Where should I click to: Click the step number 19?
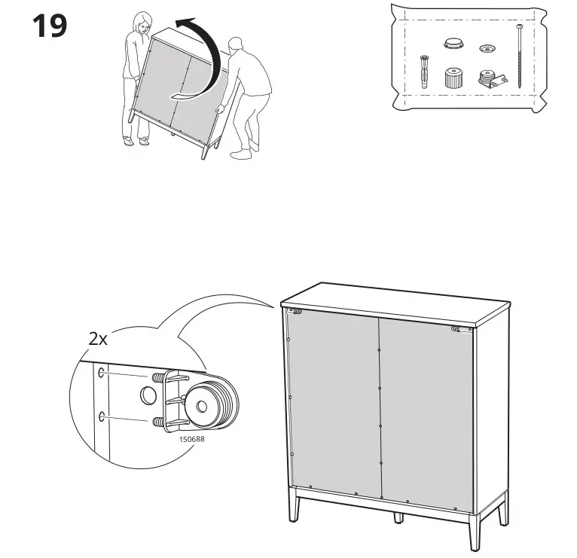[x=49, y=26]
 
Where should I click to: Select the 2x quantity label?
[x=98, y=339]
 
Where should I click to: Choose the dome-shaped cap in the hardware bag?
[x=452, y=44]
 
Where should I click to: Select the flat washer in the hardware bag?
[x=487, y=50]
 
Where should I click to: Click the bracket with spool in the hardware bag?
[x=487, y=79]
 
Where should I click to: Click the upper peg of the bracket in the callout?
[x=157, y=376]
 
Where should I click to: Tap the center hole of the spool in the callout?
[x=201, y=406]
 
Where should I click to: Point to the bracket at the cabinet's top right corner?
[x=456, y=329]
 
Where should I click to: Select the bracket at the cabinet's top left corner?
[x=297, y=311]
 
